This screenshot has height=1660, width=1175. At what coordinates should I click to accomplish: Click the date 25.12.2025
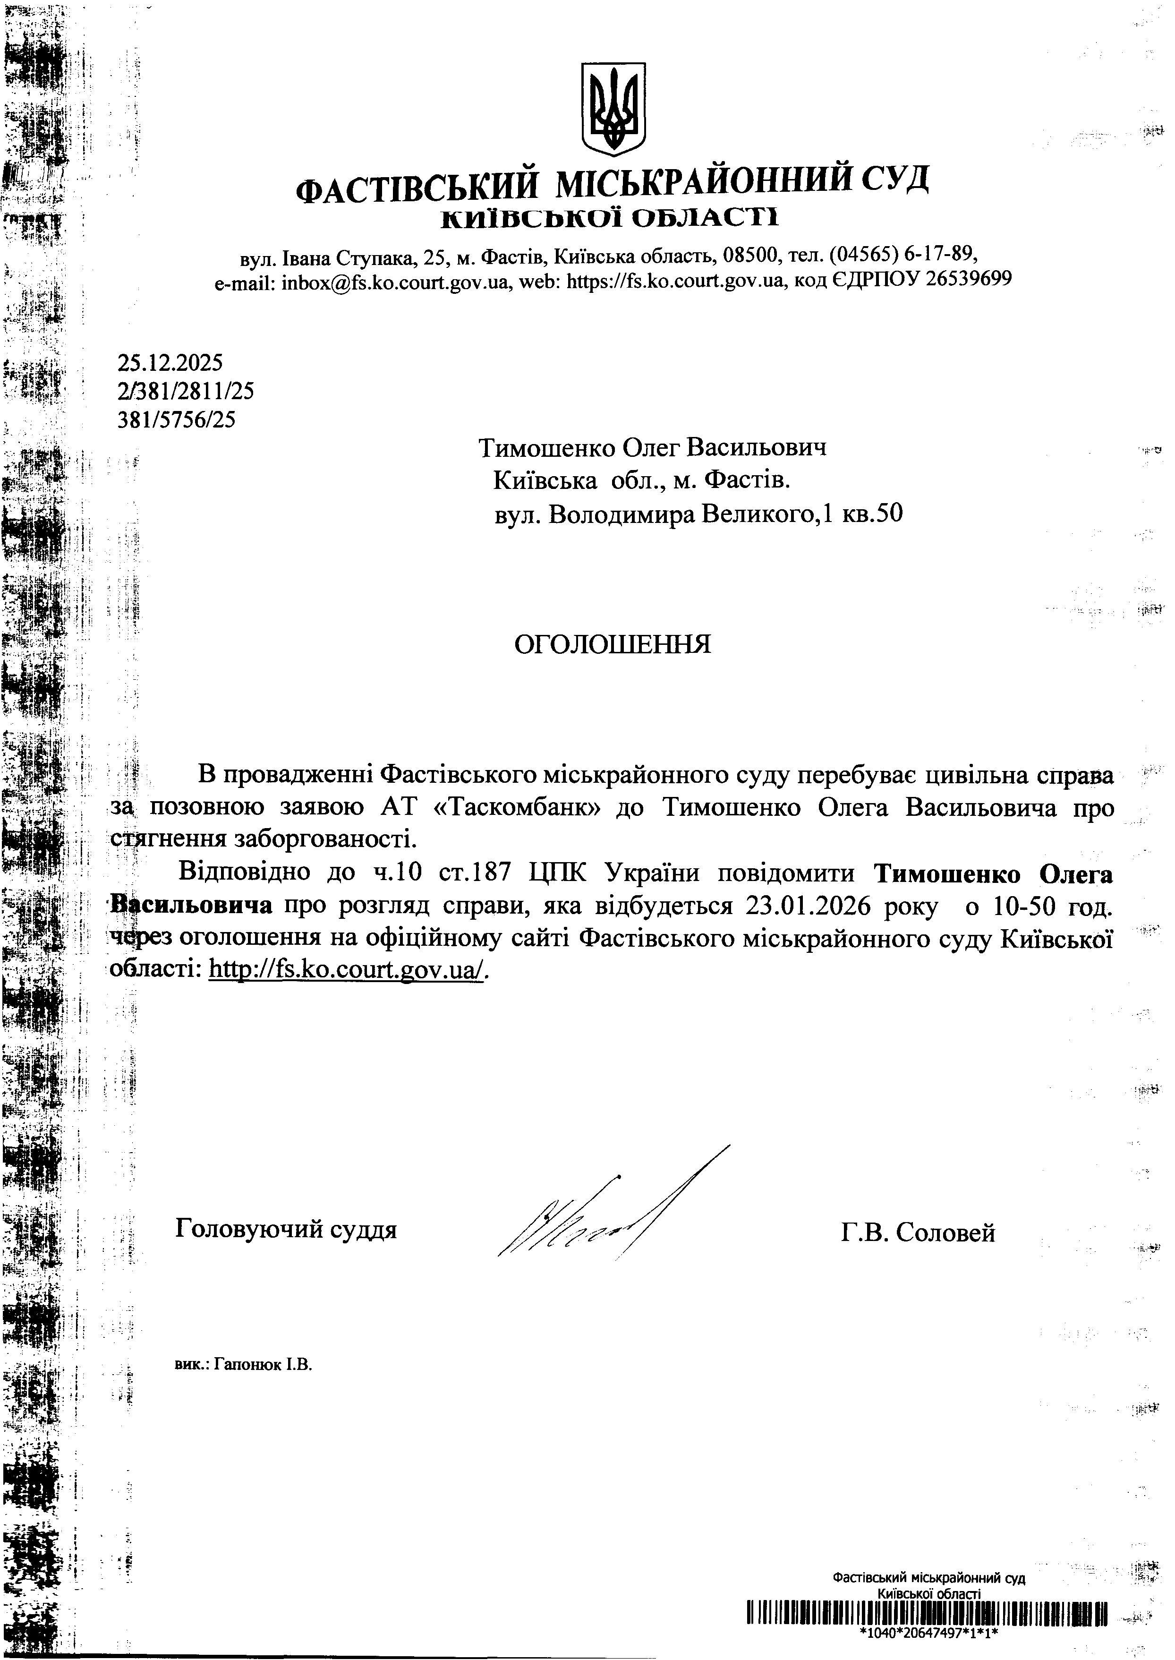pos(170,362)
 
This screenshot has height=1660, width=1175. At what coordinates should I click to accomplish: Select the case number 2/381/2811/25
pos(185,392)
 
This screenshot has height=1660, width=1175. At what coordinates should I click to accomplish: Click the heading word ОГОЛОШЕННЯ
pos(612,644)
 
